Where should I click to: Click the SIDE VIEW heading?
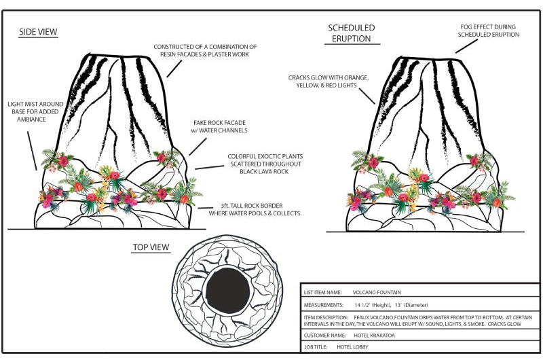38,32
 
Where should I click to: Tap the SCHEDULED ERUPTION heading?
350,33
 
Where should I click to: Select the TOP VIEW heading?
151,248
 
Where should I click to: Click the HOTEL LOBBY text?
352,346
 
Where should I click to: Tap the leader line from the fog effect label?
465,45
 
